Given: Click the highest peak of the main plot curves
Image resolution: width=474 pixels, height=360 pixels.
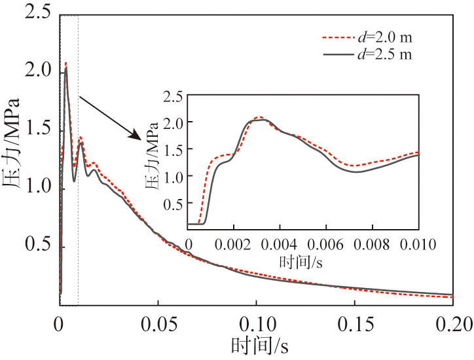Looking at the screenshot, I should coord(66,64).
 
